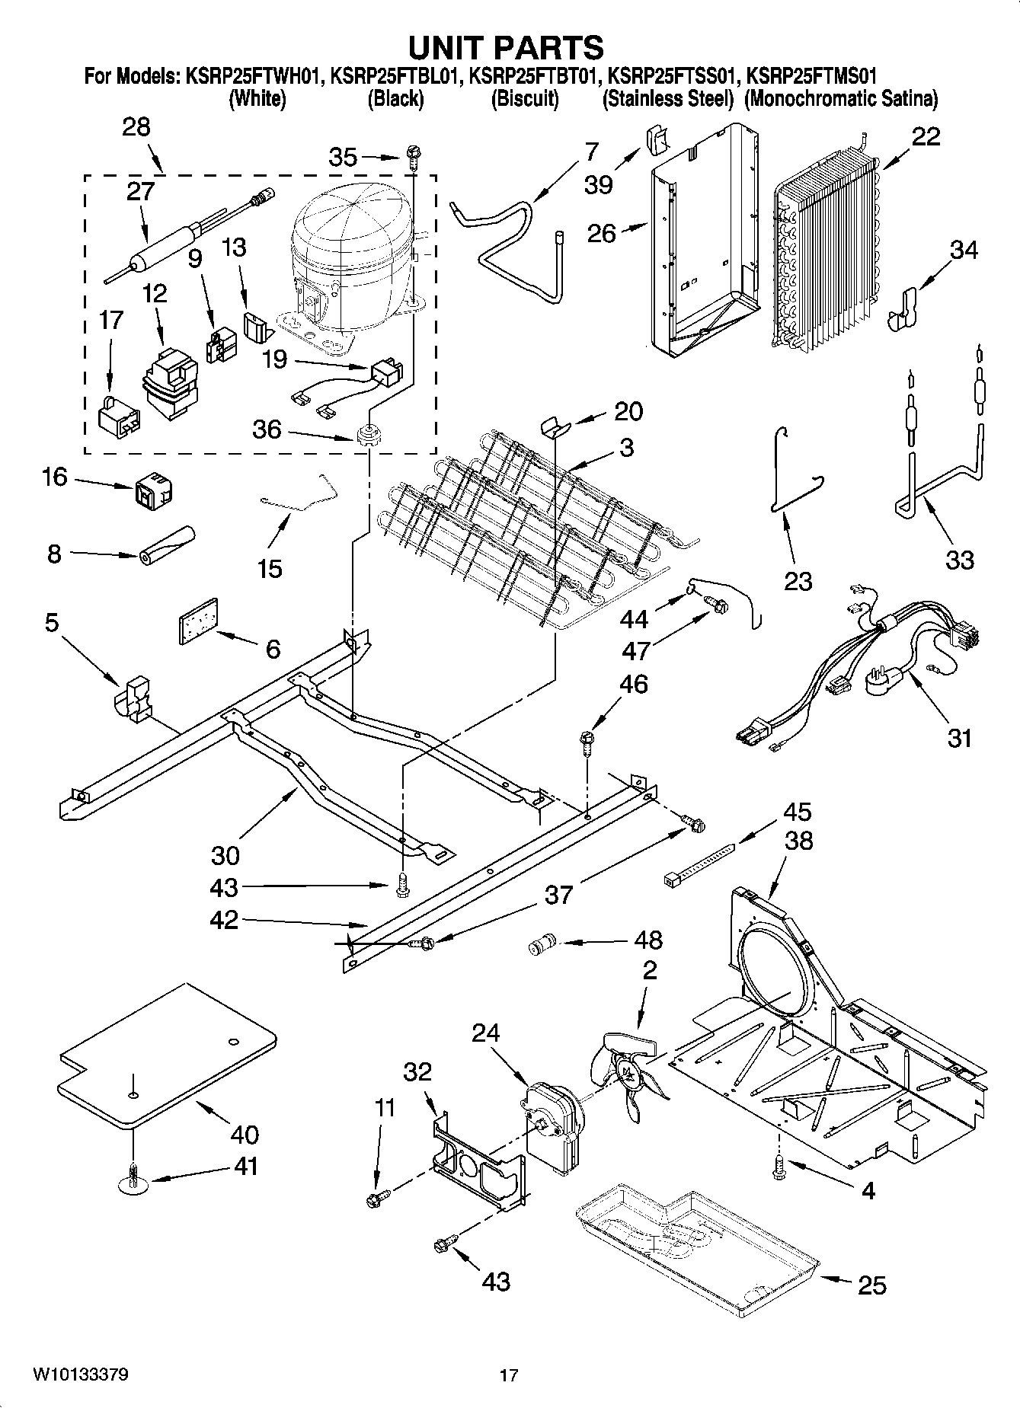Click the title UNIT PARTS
click(x=506, y=47)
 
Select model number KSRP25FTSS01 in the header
click(x=673, y=77)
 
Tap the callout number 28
click(x=136, y=126)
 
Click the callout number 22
click(x=926, y=137)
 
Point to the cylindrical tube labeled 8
click(x=166, y=546)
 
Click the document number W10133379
click(x=79, y=1374)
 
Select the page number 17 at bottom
click(x=509, y=1375)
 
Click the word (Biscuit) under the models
click(x=525, y=99)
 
